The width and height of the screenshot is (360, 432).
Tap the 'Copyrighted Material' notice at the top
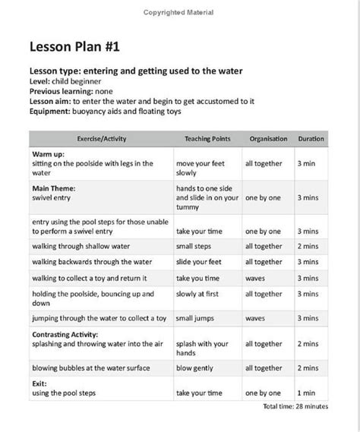(178, 12)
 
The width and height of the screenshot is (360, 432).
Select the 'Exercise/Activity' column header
(91, 139)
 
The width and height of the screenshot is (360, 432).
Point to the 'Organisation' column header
(267, 139)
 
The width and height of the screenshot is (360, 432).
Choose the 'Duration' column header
(311, 139)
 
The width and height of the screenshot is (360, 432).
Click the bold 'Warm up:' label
(48, 153)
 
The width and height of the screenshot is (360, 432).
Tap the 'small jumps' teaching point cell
(199, 318)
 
